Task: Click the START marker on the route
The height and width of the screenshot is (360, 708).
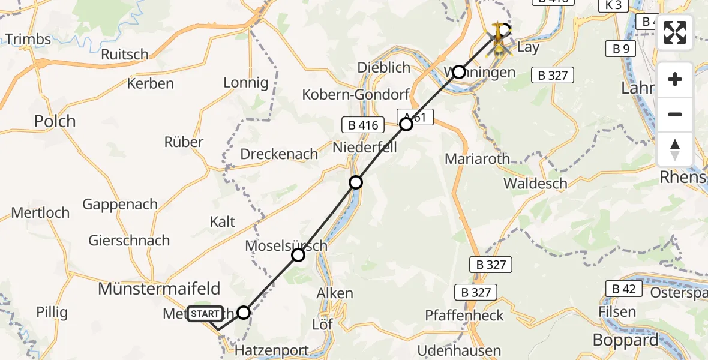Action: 205,314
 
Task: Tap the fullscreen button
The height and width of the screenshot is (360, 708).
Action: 675,32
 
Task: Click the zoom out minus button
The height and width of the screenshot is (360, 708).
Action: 675,114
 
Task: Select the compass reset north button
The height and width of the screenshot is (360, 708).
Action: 675,149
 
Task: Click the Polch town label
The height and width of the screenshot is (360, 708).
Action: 55,121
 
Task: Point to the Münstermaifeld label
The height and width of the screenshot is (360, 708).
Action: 159,288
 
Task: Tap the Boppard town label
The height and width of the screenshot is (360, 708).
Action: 625,340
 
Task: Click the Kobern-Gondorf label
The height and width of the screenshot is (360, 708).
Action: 355,94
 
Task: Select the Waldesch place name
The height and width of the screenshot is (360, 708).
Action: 535,183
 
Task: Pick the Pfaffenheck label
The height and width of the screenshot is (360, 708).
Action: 464,316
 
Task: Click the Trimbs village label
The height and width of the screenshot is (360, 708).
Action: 28,40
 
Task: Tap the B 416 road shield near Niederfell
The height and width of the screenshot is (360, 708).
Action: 364,125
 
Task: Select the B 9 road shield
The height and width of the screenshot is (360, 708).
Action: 620,49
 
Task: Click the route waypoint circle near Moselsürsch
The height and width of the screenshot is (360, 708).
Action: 298,255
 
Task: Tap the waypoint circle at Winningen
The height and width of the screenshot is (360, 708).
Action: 459,72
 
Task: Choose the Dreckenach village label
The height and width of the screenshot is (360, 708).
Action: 279,154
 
